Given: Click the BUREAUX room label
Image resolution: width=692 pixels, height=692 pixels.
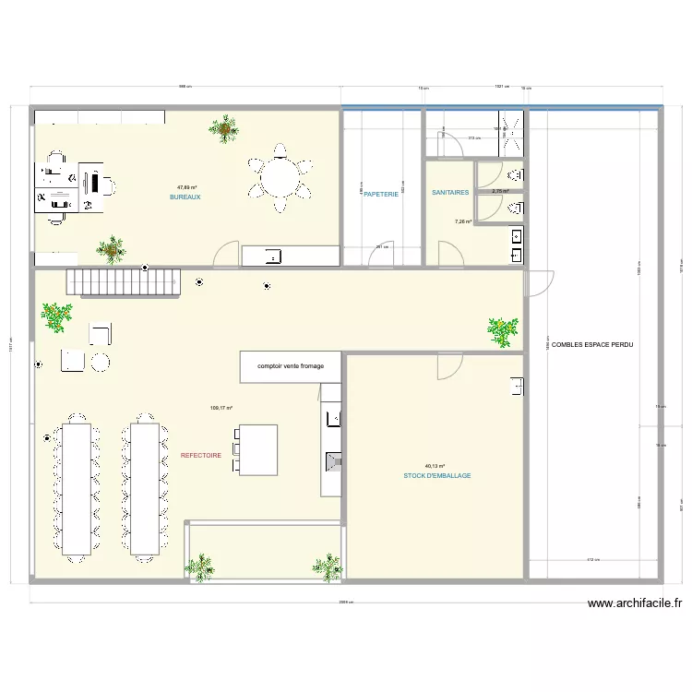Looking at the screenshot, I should (x=185, y=197).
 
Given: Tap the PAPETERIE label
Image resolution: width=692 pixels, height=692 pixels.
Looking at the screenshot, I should (x=381, y=194).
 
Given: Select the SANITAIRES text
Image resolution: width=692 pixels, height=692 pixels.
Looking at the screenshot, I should (x=450, y=193).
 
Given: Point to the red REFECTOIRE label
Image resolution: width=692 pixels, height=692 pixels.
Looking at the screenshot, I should (x=200, y=455).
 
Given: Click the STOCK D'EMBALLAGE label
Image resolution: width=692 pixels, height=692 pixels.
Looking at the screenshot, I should (x=436, y=476).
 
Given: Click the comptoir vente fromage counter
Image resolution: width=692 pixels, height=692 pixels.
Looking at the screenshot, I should (x=290, y=366).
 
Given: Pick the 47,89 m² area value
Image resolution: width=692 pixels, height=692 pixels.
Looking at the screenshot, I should (x=187, y=187).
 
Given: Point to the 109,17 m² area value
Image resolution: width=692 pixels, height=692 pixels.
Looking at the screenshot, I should (x=221, y=408).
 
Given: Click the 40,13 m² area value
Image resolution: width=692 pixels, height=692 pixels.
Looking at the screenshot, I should (x=435, y=466).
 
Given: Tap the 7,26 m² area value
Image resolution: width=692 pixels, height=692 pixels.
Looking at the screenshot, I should (x=462, y=221).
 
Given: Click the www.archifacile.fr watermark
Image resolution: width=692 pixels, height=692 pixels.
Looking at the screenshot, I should (x=635, y=604).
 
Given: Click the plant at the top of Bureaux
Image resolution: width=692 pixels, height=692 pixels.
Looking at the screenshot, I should (x=223, y=128).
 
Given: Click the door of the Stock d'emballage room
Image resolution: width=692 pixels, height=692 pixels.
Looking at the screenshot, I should (x=448, y=365).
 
